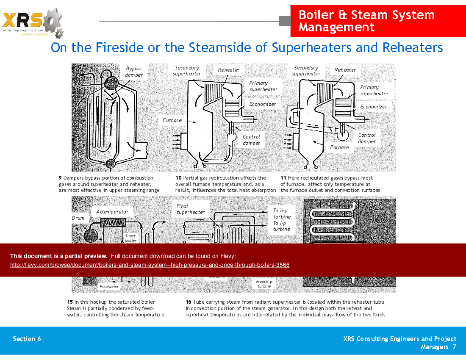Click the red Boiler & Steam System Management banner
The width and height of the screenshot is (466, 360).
[x=366, y=21]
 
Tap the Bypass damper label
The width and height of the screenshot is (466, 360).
[x=134, y=72]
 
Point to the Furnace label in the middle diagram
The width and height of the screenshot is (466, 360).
[x=172, y=120]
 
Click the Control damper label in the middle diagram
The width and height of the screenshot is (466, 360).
[x=251, y=140]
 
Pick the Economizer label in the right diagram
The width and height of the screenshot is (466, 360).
[x=374, y=107]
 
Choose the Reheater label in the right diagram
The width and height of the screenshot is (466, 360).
[x=345, y=70]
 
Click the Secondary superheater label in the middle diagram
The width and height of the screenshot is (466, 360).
[x=187, y=71]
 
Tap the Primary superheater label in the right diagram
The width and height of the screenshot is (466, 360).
[x=374, y=90]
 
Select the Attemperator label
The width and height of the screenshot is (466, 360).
[x=112, y=212]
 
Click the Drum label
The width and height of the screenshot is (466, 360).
[x=78, y=218]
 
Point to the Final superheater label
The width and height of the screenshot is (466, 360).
[x=190, y=209]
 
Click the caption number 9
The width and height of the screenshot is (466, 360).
[x=60, y=178]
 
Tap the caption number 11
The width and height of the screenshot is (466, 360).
[x=283, y=178]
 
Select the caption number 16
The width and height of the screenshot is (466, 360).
[x=189, y=302]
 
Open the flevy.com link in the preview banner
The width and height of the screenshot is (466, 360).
[x=150, y=265]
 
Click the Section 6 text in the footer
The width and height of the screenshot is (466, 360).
[x=27, y=338]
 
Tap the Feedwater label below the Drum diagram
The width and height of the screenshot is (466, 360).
[x=109, y=287]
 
